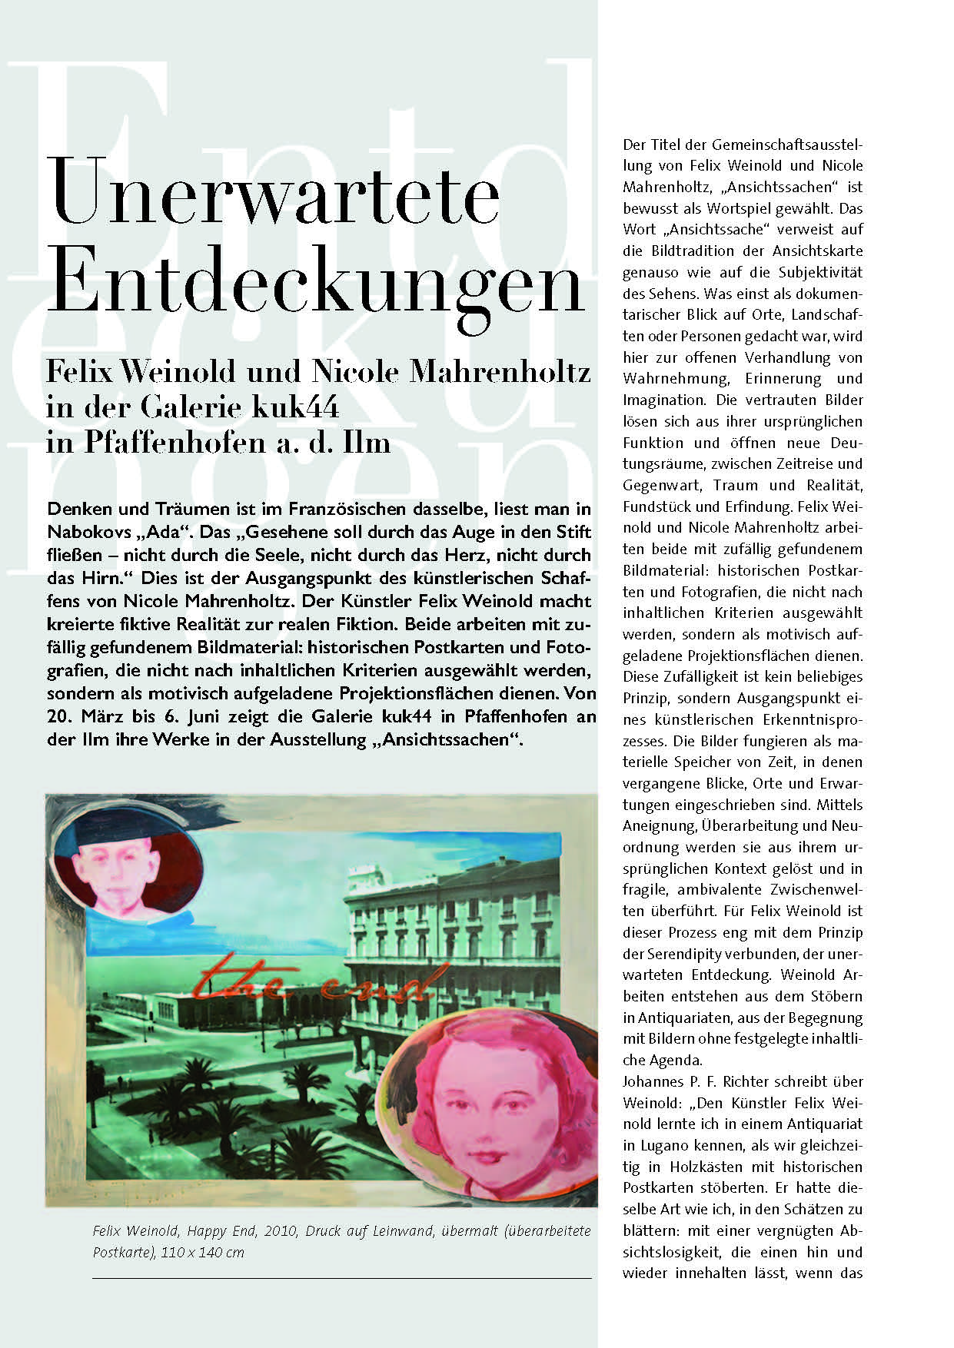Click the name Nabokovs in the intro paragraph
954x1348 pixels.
(x=85, y=533)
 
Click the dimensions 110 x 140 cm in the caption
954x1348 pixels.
(x=202, y=1252)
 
